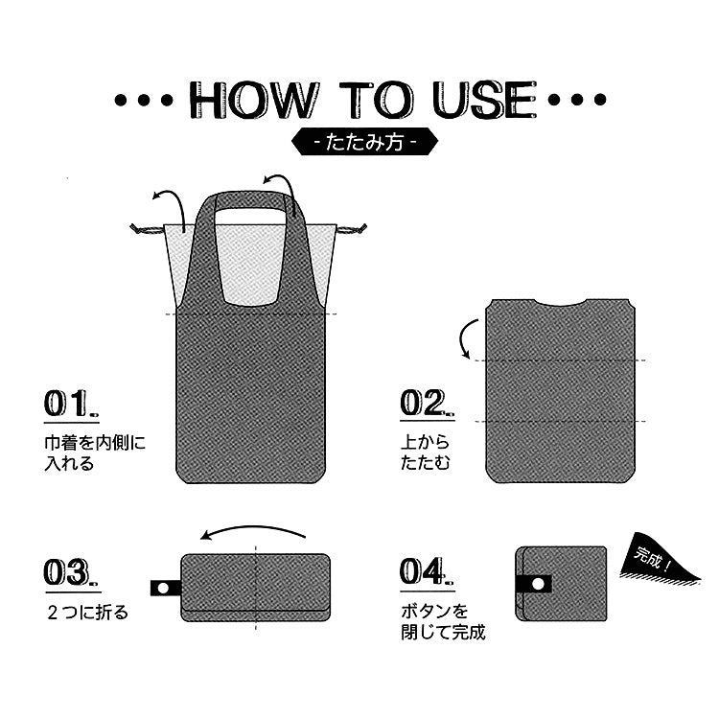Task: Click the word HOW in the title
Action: pos(254,100)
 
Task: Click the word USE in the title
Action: pos(485,100)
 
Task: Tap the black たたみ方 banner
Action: pos(364,142)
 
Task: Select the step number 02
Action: pos(427,403)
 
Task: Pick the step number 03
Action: pos(71,572)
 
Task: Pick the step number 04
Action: pos(427,571)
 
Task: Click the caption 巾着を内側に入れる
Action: pos(95,453)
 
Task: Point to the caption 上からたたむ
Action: pos(425,452)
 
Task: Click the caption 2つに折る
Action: pos(87,613)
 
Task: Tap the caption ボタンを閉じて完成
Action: pos(443,621)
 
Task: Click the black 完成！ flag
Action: pos(657,560)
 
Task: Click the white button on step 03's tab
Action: pos(163,588)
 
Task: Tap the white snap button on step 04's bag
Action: pos(538,584)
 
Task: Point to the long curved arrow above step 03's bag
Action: pos(253,528)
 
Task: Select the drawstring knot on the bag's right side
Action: pos(353,228)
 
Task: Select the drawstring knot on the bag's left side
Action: pos(145,229)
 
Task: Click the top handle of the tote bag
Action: pos(251,201)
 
